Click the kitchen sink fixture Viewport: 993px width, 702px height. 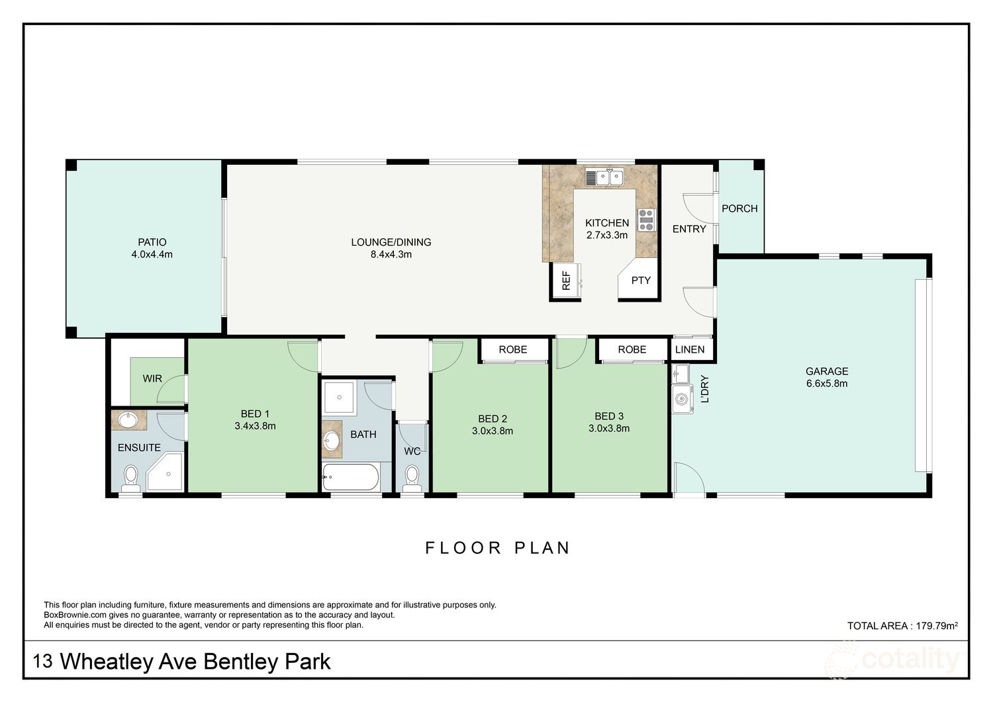(604, 177)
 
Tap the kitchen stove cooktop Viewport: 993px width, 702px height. (645, 220)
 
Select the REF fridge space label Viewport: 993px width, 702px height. (566, 281)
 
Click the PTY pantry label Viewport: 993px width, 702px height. (640, 281)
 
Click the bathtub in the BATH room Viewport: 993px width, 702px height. (351, 476)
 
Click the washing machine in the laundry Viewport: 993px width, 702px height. (682, 399)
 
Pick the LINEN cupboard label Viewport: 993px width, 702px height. (690, 349)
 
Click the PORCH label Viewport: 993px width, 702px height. (739, 208)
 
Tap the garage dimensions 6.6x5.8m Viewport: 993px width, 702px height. (826, 383)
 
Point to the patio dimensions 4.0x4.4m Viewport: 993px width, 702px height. (152, 254)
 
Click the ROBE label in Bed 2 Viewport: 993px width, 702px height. (512, 349)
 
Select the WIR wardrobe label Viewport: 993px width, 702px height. (152, 379)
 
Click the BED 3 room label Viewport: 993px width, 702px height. (609, 416)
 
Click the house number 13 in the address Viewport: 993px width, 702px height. (43, 661)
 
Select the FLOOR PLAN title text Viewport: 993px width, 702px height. (497, 548)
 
